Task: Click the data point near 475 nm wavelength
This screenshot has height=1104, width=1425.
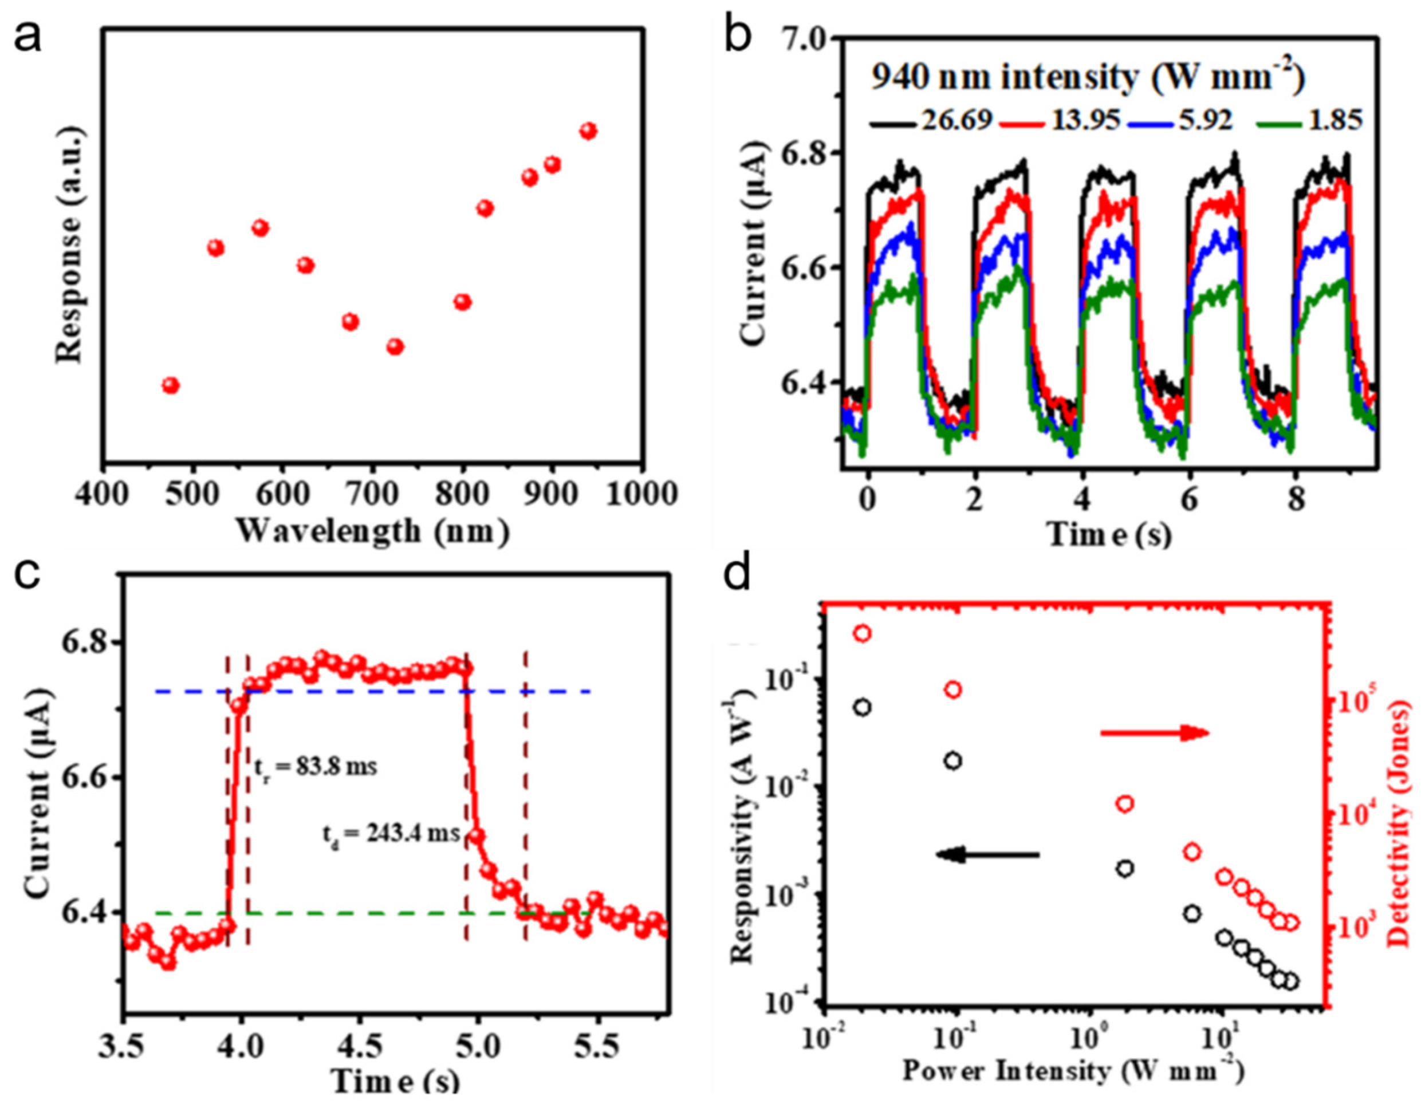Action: [x=170, y=385]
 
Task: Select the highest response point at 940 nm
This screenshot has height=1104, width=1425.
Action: [x=589, y=131]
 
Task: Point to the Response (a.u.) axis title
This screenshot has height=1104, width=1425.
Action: [x=70, y=245]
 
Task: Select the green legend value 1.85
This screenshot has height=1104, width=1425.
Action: [x=1335, y=120]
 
